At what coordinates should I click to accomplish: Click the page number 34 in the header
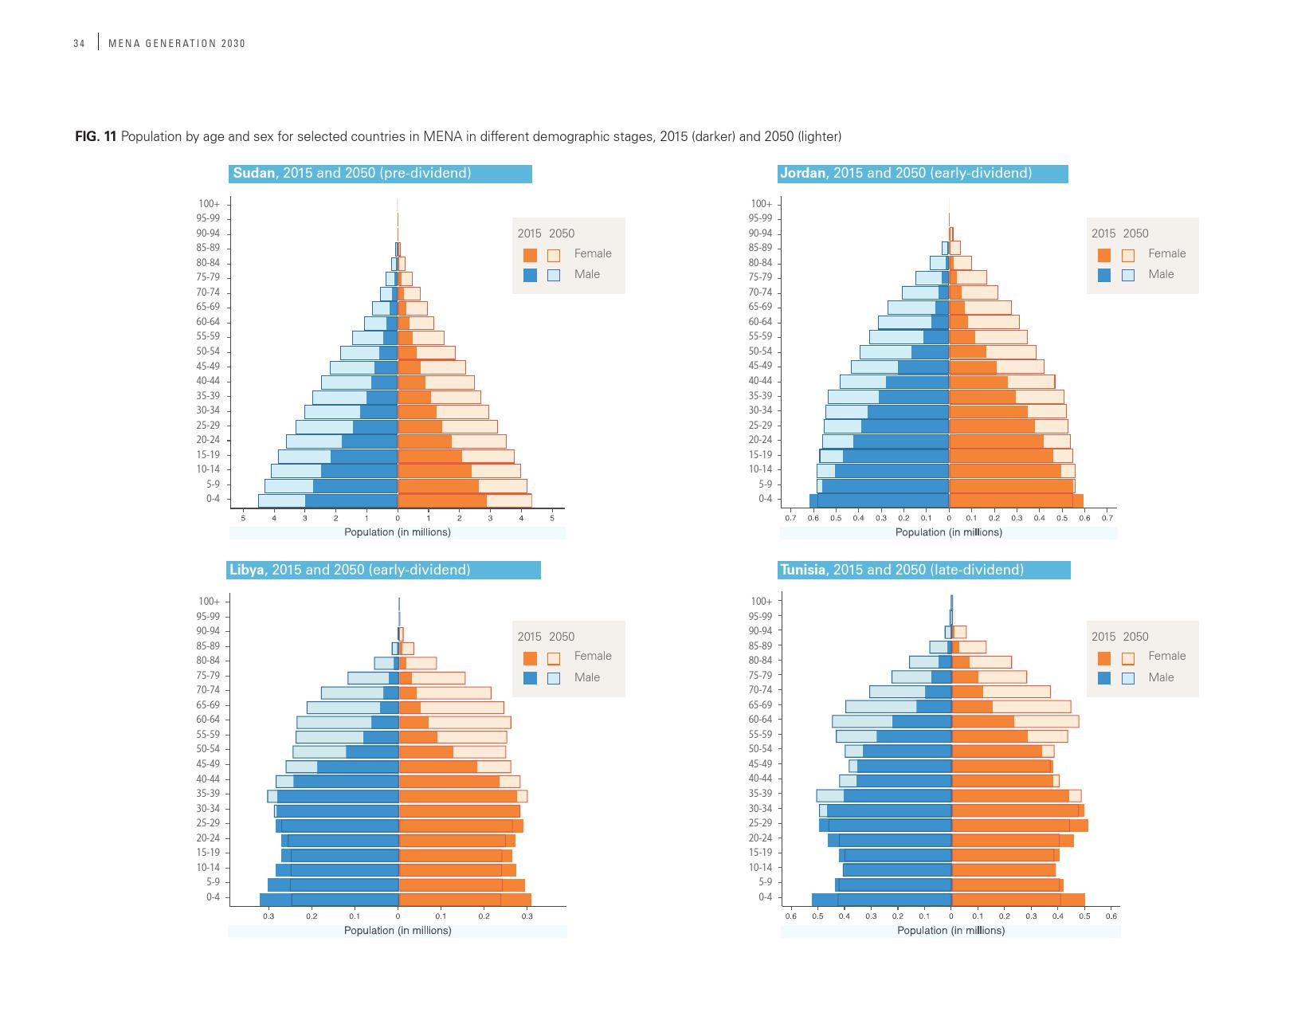[x=79, y=43]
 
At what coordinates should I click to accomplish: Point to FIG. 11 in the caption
[x=96, y=136]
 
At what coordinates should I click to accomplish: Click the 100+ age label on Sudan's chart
[x=210, y=204]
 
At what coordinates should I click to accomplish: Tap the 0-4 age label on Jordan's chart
[x=765, y=499]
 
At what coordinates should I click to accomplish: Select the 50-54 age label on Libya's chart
[x=208, y=749]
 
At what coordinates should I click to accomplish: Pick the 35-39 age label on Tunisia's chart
[x=761, y=794]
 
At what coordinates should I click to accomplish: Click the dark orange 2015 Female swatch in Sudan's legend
[x=531, y=255]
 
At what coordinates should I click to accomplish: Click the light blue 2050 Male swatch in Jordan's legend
[x=1128, y=275]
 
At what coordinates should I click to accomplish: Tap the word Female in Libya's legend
[x=593, y=656]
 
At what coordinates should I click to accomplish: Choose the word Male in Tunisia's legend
[x=1161, y=677]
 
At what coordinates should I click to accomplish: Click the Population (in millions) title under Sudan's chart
[x=397, y=532]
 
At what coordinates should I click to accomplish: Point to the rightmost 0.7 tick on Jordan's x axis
[x=1107, y=518]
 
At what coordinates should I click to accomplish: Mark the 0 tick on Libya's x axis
[x=398, y=916]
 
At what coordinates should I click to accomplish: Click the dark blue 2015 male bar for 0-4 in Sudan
[x=351, y=500]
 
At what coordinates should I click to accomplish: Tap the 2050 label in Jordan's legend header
[x=1135, y=233]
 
